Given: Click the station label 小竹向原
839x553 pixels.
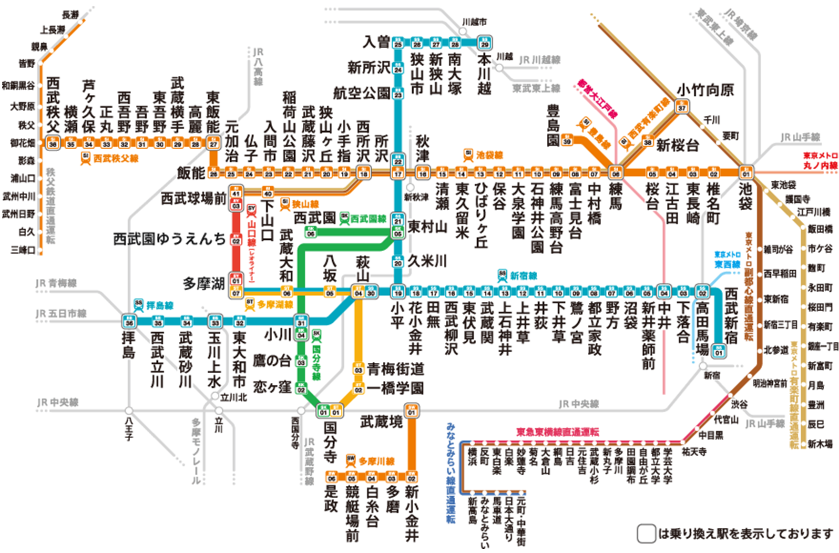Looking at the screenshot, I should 705,90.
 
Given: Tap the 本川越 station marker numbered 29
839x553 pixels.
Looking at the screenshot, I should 485,43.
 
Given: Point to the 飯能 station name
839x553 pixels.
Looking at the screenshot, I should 191,173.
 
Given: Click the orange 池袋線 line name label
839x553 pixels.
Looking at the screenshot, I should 489,155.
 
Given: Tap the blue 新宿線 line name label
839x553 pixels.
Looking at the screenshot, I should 523,276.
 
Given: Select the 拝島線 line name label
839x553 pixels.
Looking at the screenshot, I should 159,306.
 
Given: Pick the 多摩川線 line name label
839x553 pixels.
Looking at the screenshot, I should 376,461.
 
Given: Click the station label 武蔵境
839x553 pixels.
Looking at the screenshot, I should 381,421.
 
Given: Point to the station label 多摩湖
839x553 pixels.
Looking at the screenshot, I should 204,284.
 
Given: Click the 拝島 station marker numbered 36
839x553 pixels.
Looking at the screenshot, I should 129,322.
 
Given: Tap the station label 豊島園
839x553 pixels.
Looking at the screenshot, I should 553,126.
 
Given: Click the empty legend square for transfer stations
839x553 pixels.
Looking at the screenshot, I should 646,534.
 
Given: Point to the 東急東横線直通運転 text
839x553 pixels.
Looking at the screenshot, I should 557,432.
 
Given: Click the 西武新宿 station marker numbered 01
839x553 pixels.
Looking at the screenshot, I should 719,352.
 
